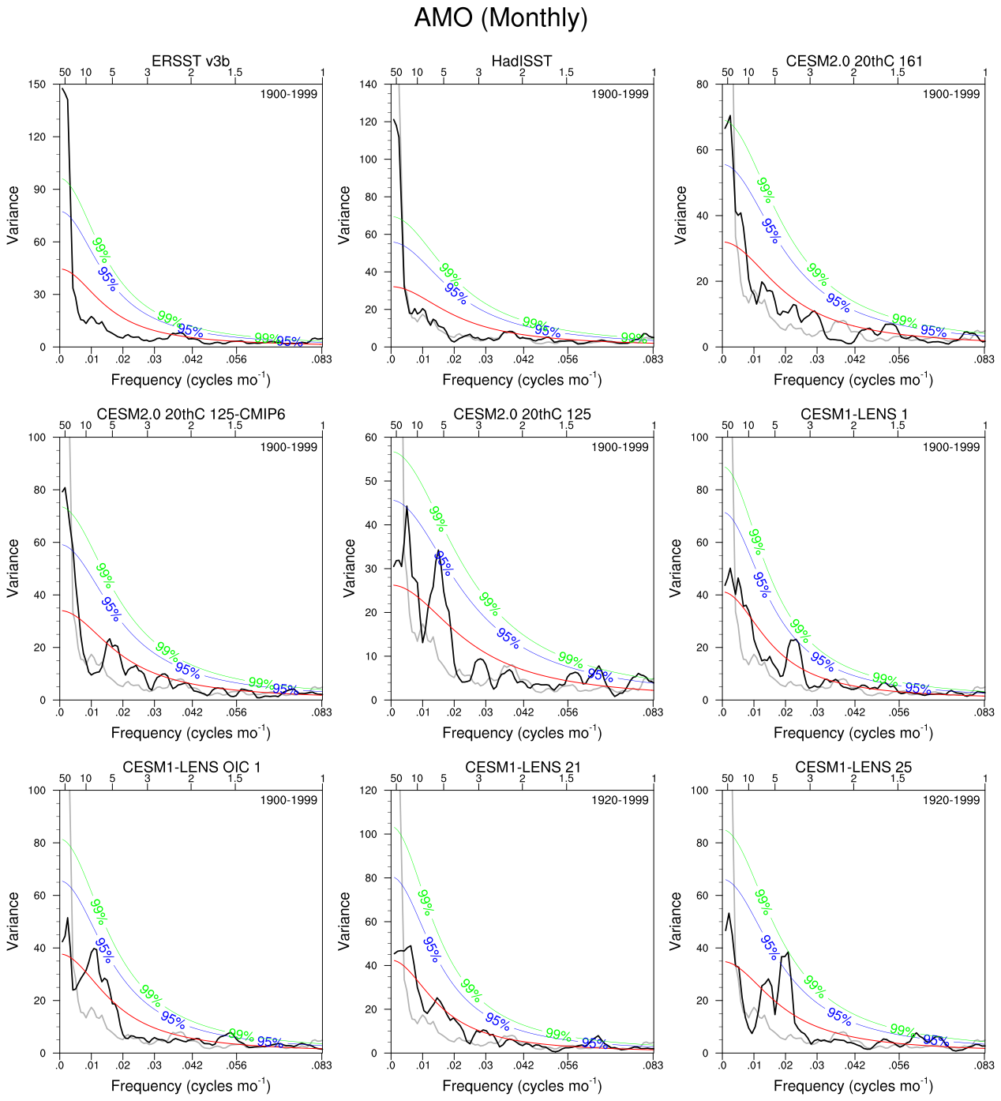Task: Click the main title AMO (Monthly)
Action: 500,17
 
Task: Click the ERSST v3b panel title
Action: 190,61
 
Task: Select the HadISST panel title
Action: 522,61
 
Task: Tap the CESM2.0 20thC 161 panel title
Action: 853,61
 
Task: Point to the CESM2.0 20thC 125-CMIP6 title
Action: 190,414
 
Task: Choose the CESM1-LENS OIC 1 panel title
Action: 190,767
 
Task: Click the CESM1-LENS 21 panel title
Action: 522,767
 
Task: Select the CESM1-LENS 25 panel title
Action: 853,767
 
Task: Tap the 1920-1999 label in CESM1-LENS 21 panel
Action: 620,800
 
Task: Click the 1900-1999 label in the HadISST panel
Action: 620,94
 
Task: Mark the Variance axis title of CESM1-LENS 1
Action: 677,568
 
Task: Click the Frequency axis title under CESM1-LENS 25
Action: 853,1085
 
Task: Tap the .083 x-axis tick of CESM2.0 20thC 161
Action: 984,359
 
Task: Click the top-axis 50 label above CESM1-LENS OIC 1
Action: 65,779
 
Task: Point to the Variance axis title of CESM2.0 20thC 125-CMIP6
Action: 13,568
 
